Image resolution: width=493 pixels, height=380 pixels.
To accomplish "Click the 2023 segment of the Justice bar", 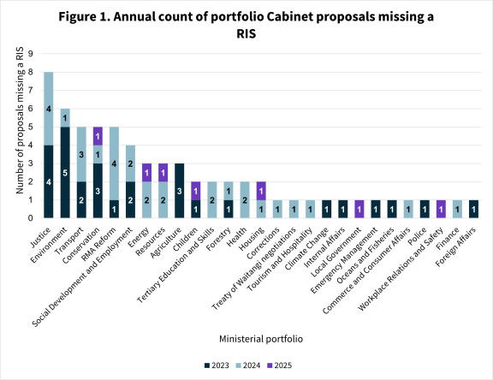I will pos(49,181).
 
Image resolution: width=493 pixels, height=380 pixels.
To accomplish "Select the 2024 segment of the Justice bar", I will pos(49,109).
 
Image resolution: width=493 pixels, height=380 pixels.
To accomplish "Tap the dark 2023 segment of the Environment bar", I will pos(65,172).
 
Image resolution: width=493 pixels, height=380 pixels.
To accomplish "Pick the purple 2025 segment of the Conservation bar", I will pos(98,136).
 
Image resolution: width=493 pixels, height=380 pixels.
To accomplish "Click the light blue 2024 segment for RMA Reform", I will pos(114,163).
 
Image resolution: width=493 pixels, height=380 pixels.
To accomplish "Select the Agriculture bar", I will pos(180,190).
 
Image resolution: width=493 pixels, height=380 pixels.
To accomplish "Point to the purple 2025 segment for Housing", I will pos(261,191).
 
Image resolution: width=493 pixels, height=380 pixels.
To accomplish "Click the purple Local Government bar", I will pos(359,209).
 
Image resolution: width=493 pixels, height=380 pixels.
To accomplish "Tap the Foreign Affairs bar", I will pos(473,209).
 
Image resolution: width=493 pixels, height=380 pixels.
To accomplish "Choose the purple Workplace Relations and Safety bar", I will pos(441,209).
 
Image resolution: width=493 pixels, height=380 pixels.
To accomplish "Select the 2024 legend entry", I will pos(250,364).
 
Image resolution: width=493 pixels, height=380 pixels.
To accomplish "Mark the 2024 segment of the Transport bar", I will pos(81,154).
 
